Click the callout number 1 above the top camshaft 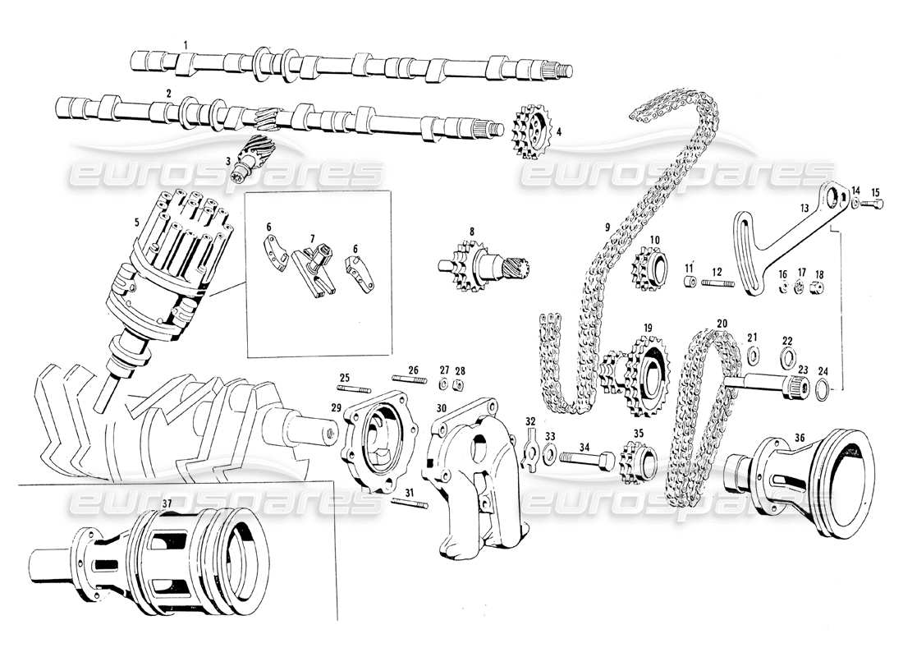pos(186,44)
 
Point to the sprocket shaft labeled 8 pos(483,266)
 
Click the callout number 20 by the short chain pos(722,324)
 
